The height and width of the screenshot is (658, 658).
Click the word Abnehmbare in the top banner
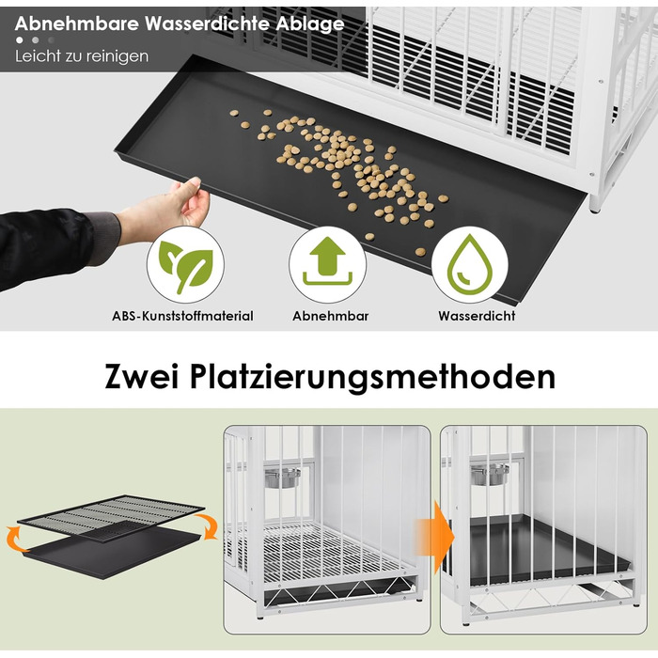click(77, 23)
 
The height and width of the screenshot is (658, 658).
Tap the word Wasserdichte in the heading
click(207, 23)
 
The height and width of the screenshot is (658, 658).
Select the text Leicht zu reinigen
click(82, 56)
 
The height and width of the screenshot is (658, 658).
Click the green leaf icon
click(185, 265)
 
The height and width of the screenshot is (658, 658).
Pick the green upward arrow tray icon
click(327, 261)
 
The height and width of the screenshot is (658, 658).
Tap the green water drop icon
click(470, 263)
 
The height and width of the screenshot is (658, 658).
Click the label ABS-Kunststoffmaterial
click(182, 316)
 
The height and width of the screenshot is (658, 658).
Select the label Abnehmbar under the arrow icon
click(330, 316)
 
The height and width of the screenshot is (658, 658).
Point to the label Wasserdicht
click(477, 316)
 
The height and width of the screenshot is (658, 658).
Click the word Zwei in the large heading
click(142, 376)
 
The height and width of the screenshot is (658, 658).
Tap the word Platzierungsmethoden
click(372, 377)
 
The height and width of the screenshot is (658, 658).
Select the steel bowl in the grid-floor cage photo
click(282, 478)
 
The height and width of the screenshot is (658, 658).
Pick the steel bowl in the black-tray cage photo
click(490, 474)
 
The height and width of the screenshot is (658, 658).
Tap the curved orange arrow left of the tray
click(13, 540)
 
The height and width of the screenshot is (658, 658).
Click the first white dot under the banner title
click(20, 40)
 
